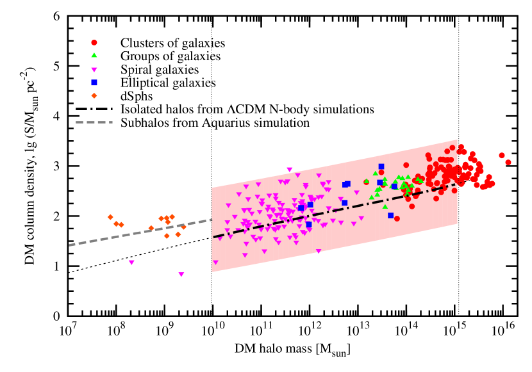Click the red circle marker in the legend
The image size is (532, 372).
pyautogui.click(x=94, y=43)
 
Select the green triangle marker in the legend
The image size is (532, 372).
pyautogui.click(x=94, y=55)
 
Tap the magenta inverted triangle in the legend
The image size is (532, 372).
pyautogui.click(x=94, y=70)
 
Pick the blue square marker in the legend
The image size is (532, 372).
pyautogui.click(x=94, y=83)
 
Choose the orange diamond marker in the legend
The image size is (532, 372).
pyautogui.click(x=94, y=95)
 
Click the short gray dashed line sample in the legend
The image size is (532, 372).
pyautogui.click(x=94, y=122)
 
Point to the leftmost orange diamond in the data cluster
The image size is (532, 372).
pyautogui.click(x=110, y=217)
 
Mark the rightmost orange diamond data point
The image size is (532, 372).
pyautogui.click(x=183, y=227)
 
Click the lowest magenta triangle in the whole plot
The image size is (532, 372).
pyautogui.click(x=181, y=275)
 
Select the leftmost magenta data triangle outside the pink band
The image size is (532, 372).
pyautogui.click(x=131, y=263)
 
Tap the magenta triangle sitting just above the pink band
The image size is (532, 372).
pyautogui.click(x=290, y=170)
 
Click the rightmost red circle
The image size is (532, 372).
pyautogui.click(x=508, y=162)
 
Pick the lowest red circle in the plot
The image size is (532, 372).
pyautogui.click(x=397, y=219)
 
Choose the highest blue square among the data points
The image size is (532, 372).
pyautogui.click(x=381, y=166)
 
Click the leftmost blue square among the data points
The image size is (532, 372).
pyautogui.click(x=301, y=208)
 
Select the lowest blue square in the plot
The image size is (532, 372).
pyautogui.click(x=309, y=225)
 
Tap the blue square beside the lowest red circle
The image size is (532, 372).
pyautogui.click(x=390, y=215)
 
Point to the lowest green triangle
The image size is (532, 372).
pyautogui.click(x=385, y=206)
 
